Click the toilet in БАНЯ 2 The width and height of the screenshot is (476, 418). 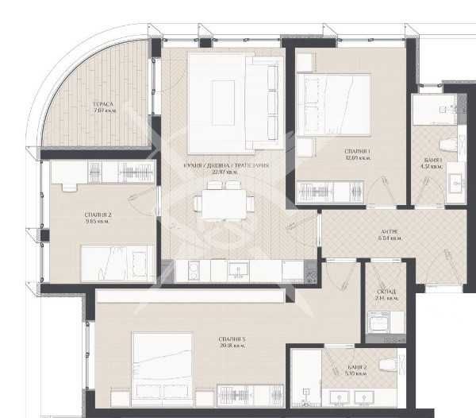tap(388, 365)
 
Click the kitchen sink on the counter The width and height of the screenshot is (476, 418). tap(236, 270)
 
